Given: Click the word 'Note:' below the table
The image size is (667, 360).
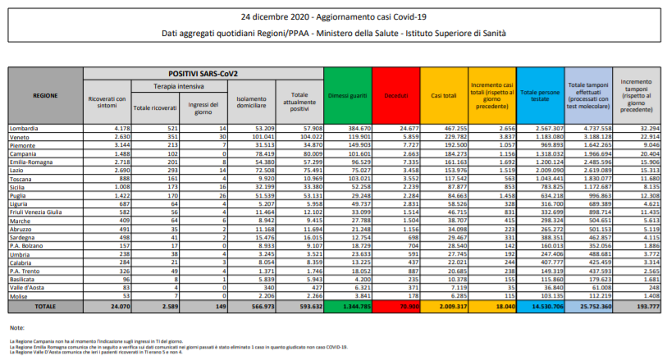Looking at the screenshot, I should click(x=17, y=328).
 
